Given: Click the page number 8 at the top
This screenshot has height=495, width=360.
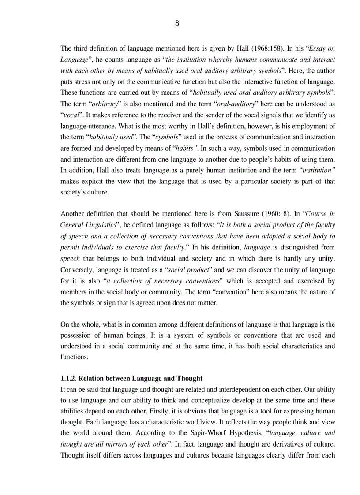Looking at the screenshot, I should [x=177, y=24].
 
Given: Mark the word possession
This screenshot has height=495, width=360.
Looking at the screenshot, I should [x=75, y=335].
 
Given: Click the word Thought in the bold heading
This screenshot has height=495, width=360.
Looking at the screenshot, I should [x=190, y=378].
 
